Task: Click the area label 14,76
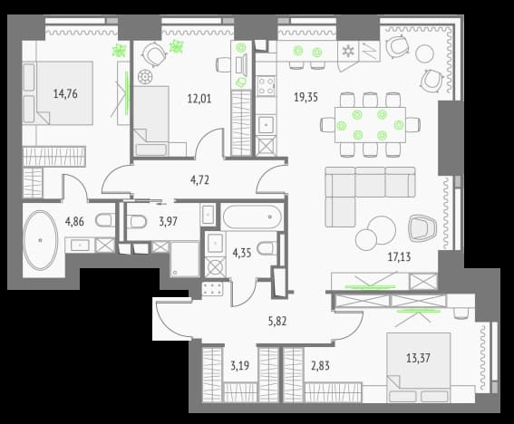65,94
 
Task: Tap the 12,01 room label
199,99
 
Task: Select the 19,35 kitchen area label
305,97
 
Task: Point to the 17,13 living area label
399,257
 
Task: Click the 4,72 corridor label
199,180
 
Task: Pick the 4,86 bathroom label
74,221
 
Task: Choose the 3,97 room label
169,221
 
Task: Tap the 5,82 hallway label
277,322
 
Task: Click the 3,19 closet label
239,366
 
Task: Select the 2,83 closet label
320,366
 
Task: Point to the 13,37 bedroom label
418,358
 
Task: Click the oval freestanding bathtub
40,240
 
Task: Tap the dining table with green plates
370,125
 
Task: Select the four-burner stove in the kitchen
266,86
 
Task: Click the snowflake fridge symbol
348,51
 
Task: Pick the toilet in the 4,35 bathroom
266,248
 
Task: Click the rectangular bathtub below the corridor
252,217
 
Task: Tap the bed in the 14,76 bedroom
58,92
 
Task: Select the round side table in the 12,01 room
145,77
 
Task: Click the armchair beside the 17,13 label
422,228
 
